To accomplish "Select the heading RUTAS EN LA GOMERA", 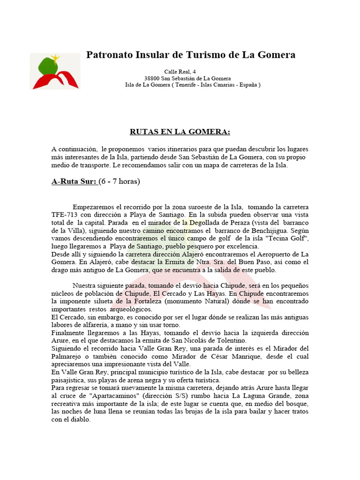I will coord(180,132).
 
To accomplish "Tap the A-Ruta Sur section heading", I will coord(74,181).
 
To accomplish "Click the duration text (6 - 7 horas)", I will coord(119,181).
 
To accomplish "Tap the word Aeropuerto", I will coord(269,254).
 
